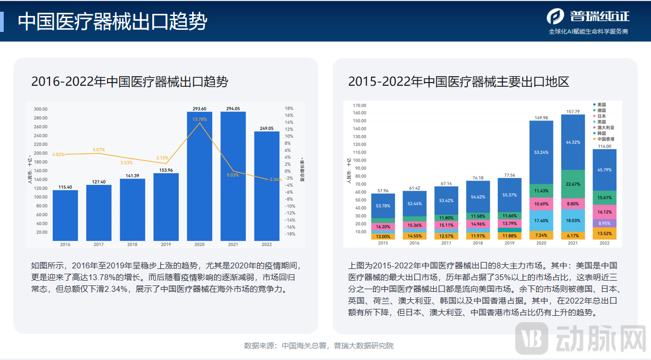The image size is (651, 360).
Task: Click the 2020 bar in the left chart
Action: click(199, 176)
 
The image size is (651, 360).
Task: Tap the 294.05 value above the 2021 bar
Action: click(233, 108)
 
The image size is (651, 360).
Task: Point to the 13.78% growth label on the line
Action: click(200, 119)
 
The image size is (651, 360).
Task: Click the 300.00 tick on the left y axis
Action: click(40, 109)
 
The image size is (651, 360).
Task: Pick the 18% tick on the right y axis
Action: click(289, 108)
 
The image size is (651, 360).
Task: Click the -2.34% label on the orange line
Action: click(276, 179)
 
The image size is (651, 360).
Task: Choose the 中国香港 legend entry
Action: click(606, 139)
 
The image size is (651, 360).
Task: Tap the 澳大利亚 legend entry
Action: click(606, 128)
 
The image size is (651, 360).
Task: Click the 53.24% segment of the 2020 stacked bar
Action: click(541, 152)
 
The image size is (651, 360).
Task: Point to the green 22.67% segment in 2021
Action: click(573, 184)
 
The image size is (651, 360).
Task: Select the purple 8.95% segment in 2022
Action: click(605, 224)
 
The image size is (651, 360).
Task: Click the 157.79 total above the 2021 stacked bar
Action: click(573, 112)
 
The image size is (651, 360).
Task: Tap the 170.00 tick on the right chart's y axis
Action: click(359, 105)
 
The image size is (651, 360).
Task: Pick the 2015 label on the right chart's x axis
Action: click(382, 243)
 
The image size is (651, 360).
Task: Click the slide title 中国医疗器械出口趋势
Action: click(112, 22)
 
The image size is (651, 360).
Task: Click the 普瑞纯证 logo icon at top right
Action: click(555, 16)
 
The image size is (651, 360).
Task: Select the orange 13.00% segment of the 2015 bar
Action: click(382, 236)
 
